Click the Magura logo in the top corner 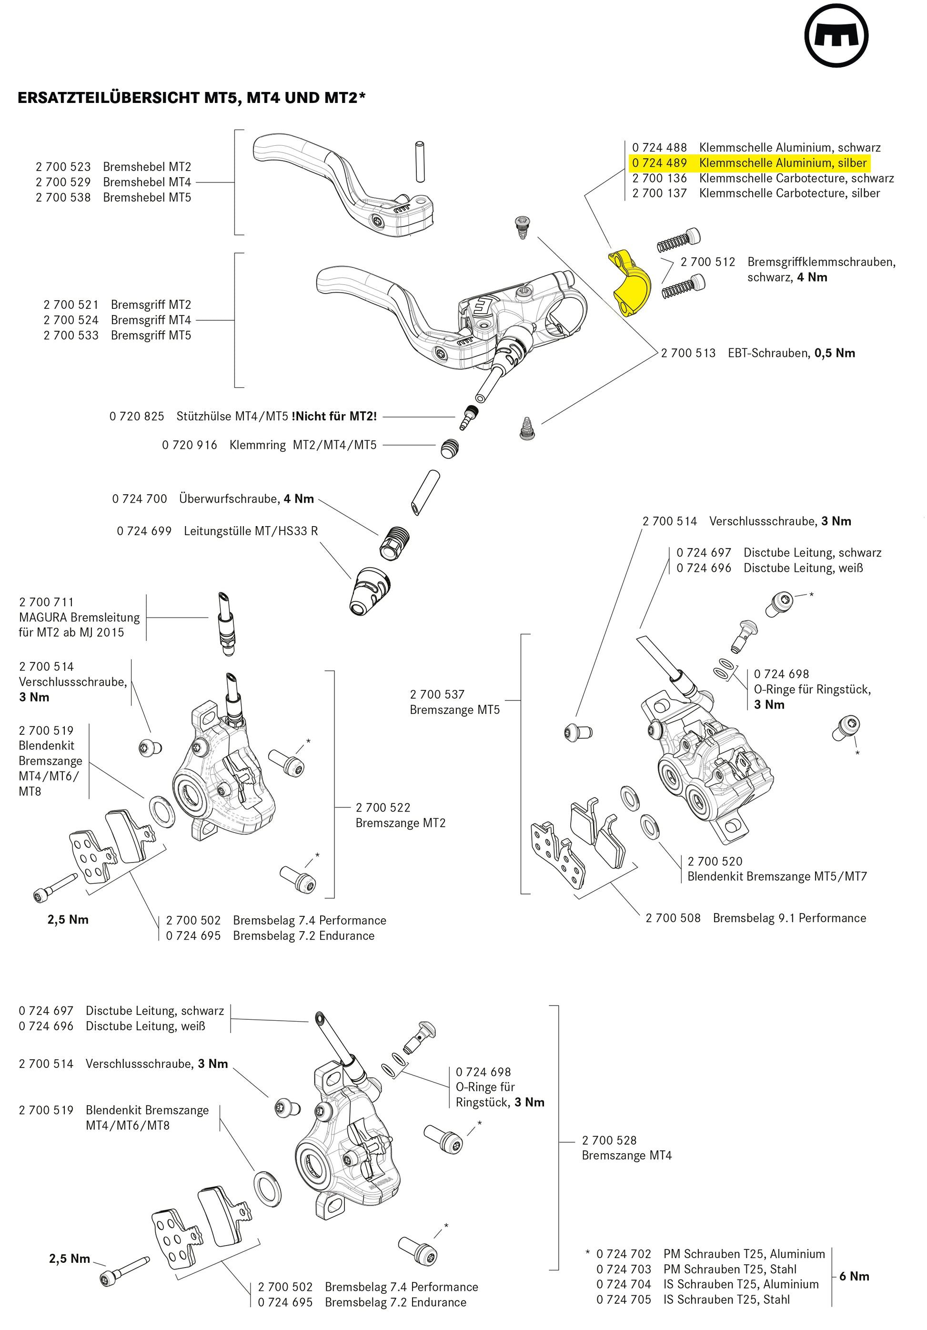836,38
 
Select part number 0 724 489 659,163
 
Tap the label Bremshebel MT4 147,182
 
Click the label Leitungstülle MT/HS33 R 251,531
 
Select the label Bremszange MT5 454,710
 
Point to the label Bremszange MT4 626,1156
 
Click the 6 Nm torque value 854,1276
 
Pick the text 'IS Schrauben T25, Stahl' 726,1300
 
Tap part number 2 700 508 673,918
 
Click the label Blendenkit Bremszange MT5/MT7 777,876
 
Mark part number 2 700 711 46,602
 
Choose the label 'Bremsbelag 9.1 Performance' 789,918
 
